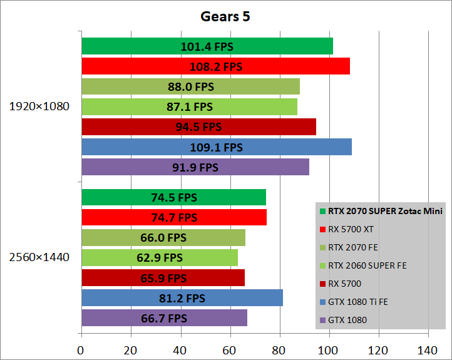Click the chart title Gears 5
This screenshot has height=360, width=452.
coord(226,17)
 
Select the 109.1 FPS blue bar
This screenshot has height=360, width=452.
coord(216,148)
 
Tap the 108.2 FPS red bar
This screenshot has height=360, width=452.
coord(215,66)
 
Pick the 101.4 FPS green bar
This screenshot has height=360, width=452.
coord(207,46)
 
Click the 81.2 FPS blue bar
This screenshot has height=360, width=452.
coord(182,298)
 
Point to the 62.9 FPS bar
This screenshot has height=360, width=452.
coord(159,257)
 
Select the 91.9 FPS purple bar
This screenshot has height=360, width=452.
coord(195,168)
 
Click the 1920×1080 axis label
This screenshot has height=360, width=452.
coord(39,106)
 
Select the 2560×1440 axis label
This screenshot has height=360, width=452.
coord(39,257)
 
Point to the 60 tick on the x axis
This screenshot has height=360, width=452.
coord(230,349)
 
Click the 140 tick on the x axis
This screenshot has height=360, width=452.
coord(428,349)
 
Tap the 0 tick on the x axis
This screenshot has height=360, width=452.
coord(81,349)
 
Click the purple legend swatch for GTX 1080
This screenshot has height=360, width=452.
coord(322,321)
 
